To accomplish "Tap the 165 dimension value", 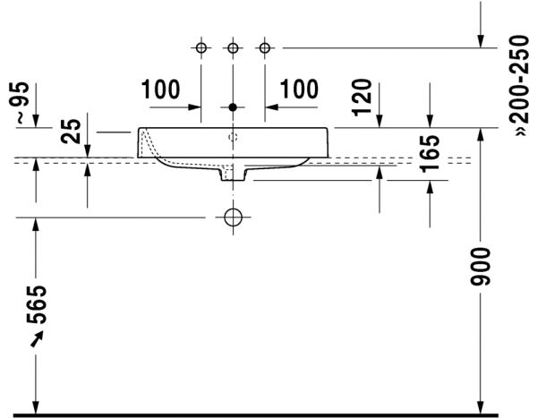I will (x=430, y=154).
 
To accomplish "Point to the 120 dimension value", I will (x=362, y=96).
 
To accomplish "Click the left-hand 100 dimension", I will (x=160, y=90).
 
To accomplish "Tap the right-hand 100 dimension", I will (x=299, y=90).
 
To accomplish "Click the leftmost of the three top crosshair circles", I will (x=201, y=47).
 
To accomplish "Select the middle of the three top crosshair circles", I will (x=233, y=47).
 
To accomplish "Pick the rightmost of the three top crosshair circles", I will (x=264, y=47).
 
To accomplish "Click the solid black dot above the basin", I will (x=233, y=107).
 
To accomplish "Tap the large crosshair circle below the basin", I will (x=233, y=217).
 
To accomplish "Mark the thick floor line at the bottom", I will (x=268, y=414).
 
